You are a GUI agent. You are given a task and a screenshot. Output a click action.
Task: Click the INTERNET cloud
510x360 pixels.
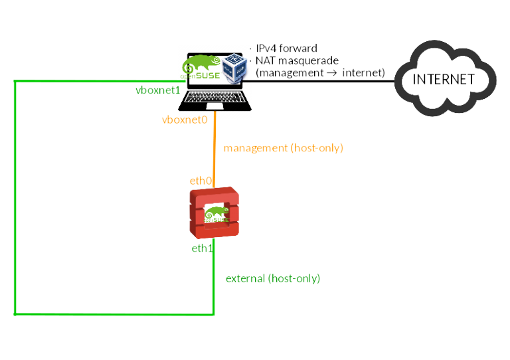(444, 79)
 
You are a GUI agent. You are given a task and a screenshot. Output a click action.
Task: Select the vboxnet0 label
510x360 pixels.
(185, 120)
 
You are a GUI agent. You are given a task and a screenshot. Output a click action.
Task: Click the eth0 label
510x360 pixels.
(201, 180)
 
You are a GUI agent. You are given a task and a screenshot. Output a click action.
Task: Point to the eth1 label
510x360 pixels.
(202, 248)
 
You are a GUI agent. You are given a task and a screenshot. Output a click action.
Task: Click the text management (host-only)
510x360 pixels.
(283, 147)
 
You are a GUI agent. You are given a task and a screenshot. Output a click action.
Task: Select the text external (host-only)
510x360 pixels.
(273, 278)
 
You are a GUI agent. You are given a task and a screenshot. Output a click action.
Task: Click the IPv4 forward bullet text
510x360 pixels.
(286, 48)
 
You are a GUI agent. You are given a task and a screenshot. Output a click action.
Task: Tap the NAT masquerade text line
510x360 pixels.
(297, 60)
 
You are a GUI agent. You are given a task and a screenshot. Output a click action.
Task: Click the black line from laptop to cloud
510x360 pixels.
(319, 82)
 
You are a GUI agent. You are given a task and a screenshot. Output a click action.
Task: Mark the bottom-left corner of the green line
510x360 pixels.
(15, 313)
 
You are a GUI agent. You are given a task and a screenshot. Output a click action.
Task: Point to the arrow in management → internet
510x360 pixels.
(329, 72)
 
